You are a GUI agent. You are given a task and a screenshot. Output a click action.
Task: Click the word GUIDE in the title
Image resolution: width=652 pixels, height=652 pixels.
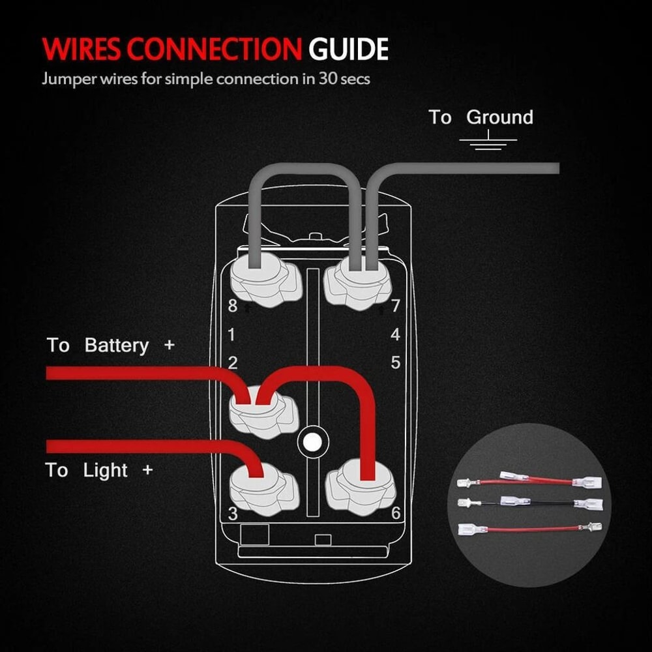point(349,50)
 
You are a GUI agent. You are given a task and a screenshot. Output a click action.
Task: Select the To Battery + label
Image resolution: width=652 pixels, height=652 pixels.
point(111,345)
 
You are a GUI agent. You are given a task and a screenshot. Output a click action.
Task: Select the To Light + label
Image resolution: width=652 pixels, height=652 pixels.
point(99,470)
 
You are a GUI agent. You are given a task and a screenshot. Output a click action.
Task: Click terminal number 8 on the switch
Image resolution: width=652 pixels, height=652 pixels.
point(232,306)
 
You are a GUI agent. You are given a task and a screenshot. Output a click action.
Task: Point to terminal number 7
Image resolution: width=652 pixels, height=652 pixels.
point(394,306)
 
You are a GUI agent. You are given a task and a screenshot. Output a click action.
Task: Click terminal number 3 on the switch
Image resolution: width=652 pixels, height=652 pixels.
point(233,513)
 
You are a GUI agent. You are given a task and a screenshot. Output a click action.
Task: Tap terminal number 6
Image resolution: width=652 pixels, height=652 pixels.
point(395,513)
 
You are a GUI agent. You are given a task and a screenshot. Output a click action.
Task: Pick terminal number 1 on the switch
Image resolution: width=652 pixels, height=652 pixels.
point(231,335)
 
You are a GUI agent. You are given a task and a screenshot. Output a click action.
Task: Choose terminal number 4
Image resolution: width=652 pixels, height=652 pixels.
point(395,335)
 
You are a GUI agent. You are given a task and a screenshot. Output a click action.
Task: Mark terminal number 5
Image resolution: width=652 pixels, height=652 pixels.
point(395,363)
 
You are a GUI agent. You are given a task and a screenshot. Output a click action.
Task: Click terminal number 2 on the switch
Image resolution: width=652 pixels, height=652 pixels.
point(233,363)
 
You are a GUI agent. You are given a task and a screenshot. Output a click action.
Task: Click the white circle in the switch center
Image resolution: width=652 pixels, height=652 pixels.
point(312,441)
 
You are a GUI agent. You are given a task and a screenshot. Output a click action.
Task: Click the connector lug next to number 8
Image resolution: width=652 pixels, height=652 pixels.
point(265,282)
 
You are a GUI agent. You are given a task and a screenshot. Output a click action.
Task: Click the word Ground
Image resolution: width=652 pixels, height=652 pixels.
point(500,117)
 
